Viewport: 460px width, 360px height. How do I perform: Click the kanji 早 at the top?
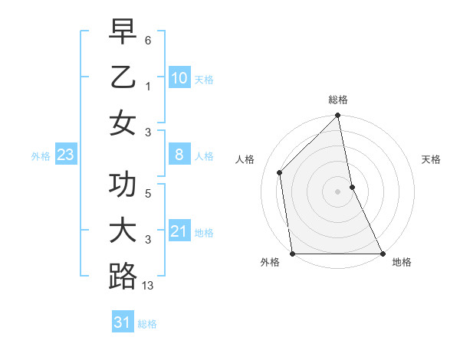pos(123,31)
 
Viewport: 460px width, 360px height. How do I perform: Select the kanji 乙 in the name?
pos(123,77)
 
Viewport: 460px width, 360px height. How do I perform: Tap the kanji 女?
pos(123,123)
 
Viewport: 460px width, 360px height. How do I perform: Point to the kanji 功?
pos(123,185)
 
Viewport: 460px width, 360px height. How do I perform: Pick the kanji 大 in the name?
pos(123,231)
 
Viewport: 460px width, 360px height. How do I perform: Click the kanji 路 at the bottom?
pos(123,277)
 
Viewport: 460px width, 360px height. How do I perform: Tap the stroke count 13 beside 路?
pos(148,286)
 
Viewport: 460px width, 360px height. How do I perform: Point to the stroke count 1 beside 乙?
pos(148,87)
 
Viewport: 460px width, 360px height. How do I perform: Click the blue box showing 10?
pos(179,78)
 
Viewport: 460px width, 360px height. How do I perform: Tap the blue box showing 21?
pos(179,231)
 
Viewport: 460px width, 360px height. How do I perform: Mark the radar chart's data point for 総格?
pos(338,116)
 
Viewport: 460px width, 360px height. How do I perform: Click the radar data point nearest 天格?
pos(352,187)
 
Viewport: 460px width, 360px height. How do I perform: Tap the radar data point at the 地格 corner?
pos(382,254)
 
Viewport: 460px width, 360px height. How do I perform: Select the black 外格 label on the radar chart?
pos(270,263)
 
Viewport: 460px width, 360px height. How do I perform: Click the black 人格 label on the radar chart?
pos(245,159)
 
